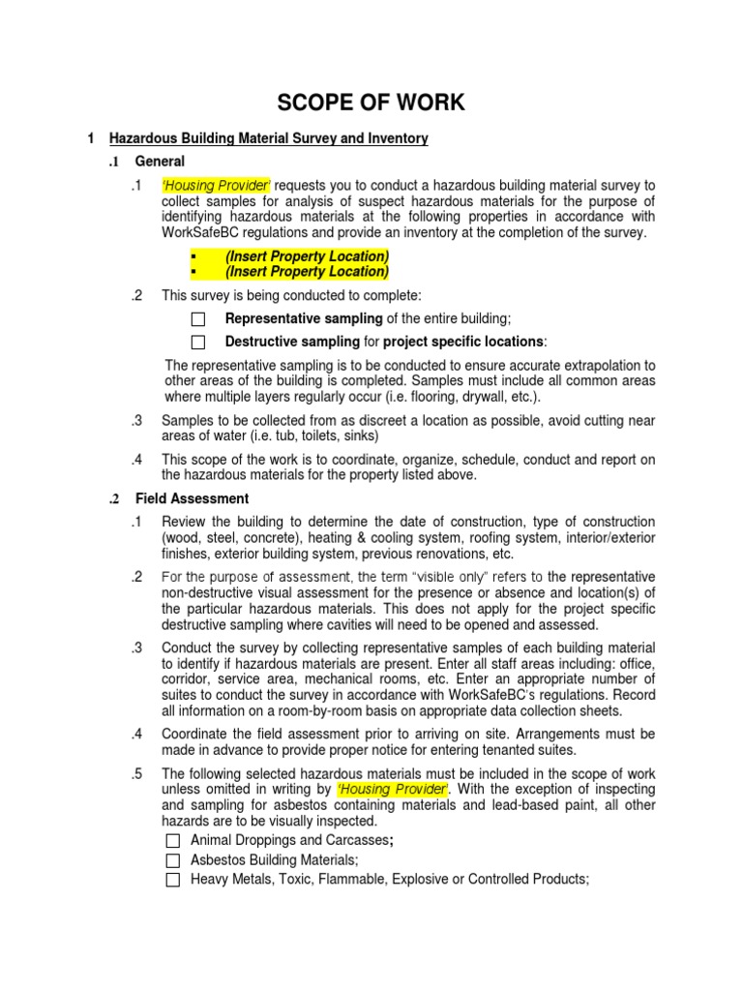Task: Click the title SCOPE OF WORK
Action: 372,103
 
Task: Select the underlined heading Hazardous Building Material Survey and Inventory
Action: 269,138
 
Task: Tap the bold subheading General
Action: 161,161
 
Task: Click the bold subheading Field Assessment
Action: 192,498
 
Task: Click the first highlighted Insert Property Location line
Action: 307,256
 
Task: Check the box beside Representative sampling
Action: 198,318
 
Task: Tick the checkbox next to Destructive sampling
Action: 198,342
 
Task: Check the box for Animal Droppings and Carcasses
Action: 173,840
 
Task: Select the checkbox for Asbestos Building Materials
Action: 173,859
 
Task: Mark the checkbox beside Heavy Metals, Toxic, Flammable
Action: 173,880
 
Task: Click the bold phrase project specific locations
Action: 463,342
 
